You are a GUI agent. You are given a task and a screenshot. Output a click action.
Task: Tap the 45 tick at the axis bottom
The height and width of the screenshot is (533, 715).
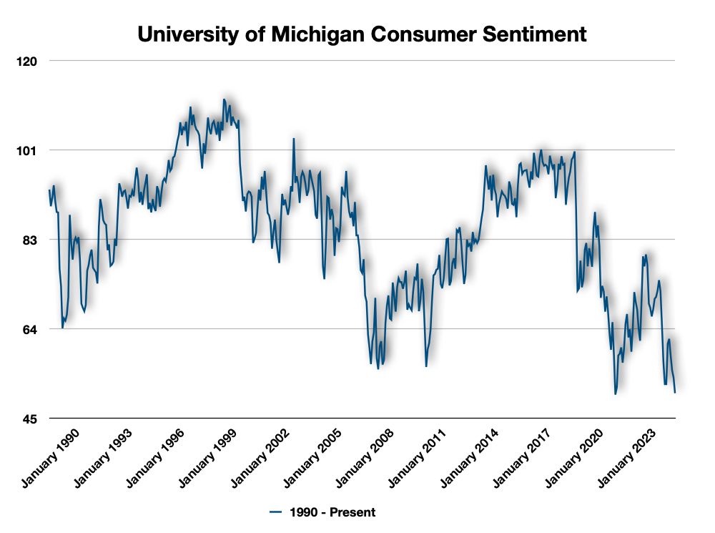pyautogui.click(x=31, y=419)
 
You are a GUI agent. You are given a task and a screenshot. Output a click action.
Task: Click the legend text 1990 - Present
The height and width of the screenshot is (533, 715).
pyautogui.click(x=332, y=512)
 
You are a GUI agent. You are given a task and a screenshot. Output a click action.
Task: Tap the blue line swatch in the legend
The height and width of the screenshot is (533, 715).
pyautogui.click(x=277, y=512)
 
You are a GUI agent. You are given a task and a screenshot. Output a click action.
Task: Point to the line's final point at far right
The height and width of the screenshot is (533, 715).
pyautogui.click(x=675, y=391)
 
